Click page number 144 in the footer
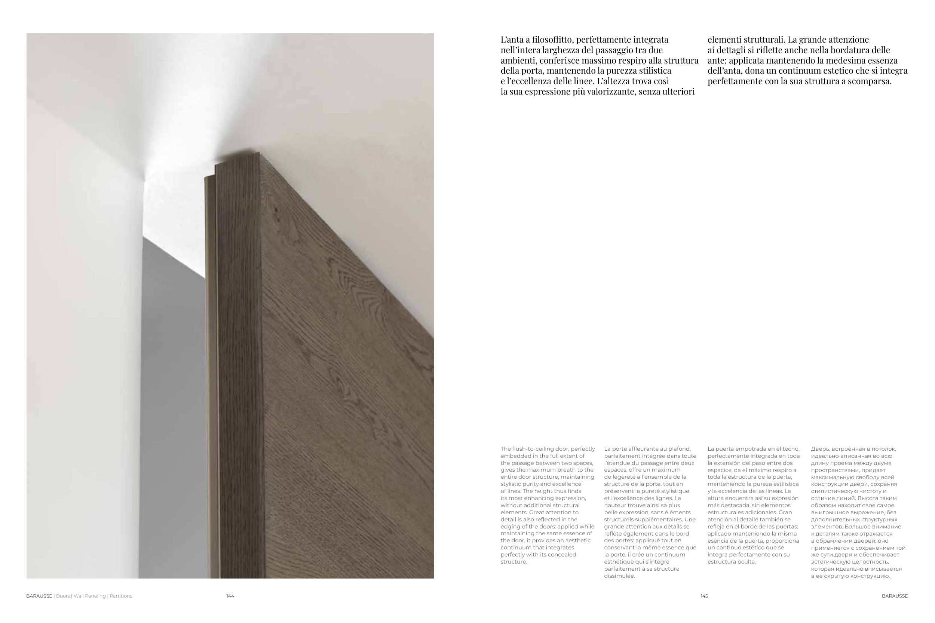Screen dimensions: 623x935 (230, 596)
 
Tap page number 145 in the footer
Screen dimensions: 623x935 (704, 596)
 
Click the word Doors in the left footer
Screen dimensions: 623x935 (63, 596)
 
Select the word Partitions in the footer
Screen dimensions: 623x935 (121, 596)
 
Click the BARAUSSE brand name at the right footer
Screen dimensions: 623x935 (895, 596)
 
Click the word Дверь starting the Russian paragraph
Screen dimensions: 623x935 (819, 449)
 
